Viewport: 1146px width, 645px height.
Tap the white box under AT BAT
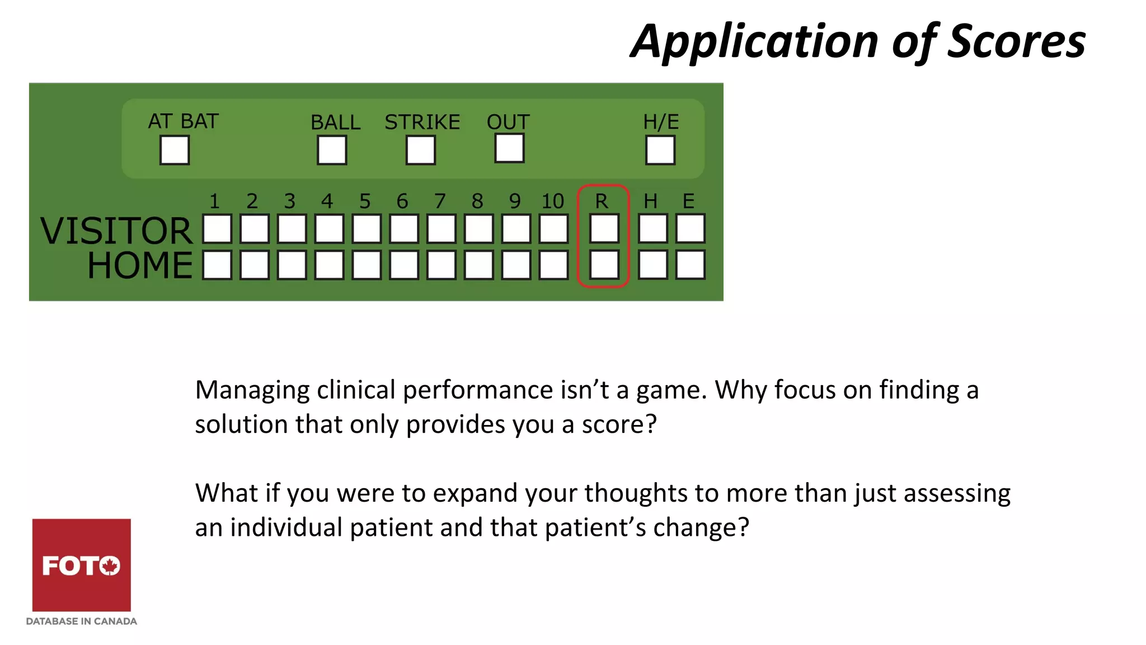pyautogui.click(x=175, y=150)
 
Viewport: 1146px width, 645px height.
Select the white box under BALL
pyautogui.click(x=332, y=150)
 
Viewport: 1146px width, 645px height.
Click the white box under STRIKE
pyautogui.click(x=421, y=150)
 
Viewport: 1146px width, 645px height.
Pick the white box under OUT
pyautogui.click(x=509, y=148)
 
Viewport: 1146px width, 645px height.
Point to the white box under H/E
pyautogui.click(x=660, y=150)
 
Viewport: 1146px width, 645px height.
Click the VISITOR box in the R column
pyautogui.click(x=604, y=228)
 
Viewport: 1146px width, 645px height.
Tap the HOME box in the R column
pyautogui.click(x=604, y=264)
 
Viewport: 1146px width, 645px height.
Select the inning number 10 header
pyautogui.click(x=553, y=201)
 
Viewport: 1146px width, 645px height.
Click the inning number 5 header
pyautogui.click(x=365, y=201)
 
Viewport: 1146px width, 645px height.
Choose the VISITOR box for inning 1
pyautogui.click(x=217, y=228)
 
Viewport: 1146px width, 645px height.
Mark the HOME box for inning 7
pyautogui.click(x=442, y=264)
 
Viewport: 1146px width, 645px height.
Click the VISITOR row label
pyautogui.click(x=116, y=231)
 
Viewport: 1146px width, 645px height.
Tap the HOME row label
pyautogui.click(x=140, y=265)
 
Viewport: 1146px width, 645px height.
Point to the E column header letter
pyautogui.click(x=688, y=201)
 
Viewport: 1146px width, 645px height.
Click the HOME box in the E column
pyautogui.click(x=691, y=264)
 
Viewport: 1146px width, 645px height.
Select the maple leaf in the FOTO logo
pyautogui.click(x=110, y=565)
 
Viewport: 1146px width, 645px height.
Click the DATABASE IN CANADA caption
pyautogui.click(x=82, y=621)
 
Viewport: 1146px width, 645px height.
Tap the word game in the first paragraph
pyautogui.click(x=672, y=390)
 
